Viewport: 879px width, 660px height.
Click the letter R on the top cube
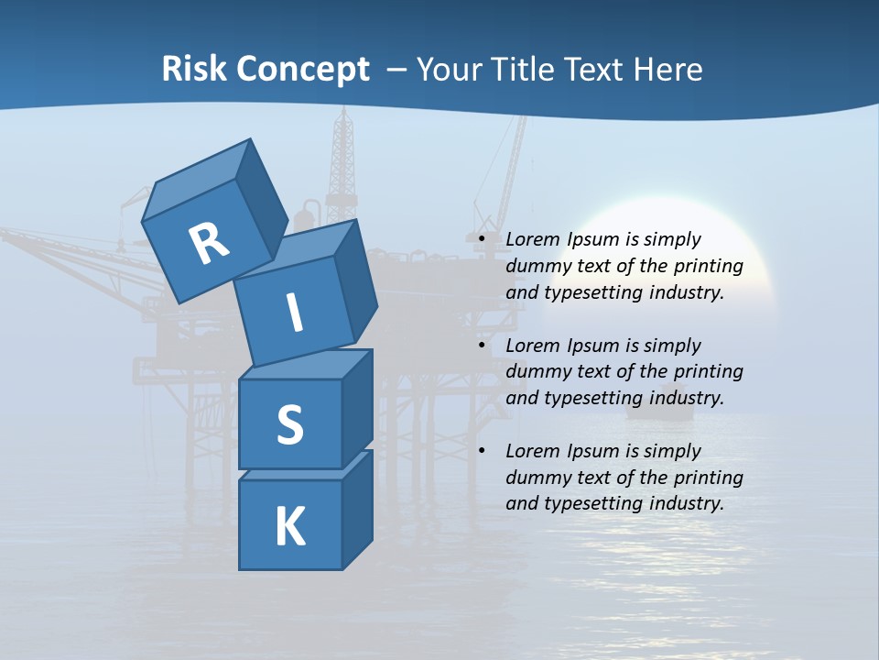coord(209,244)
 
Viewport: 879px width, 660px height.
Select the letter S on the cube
coord(289,424)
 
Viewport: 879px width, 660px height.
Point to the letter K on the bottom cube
coord(289,527)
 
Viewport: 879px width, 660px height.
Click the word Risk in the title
coord(193,70)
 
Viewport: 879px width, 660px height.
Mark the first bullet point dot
coord(481,240)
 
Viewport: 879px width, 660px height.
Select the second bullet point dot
coord(481,346)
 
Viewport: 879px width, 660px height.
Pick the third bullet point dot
coord(481,452)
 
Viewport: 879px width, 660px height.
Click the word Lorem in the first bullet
coord(530,240)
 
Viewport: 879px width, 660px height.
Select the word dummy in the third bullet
coord(535,478)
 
